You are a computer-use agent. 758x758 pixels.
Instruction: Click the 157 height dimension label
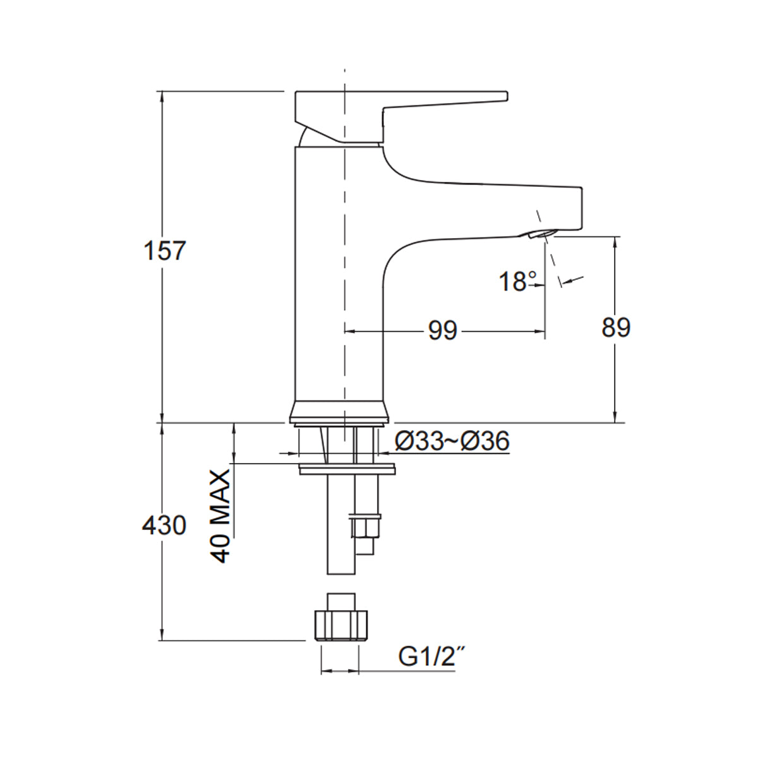[x=165, y=251]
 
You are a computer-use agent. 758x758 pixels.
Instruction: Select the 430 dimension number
[x=164, y=525]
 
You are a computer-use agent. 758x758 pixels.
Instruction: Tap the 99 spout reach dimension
[x=442, y=330]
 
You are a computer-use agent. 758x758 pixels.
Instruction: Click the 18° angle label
[x=517, y=282]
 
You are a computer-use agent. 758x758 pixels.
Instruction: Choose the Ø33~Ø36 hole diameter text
[x=452, y=442]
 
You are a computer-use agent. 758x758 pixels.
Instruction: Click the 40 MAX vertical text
[x=220, y=516]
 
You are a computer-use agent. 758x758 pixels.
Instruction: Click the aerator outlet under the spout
[x=538, y=235]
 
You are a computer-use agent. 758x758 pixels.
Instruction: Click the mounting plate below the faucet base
[x=347, y=469]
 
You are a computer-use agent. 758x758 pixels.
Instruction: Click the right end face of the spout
[x=579, y=208]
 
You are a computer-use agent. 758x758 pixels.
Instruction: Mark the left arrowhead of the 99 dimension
[x=348, y=330]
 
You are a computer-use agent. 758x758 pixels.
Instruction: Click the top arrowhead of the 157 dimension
[x=162, y=95]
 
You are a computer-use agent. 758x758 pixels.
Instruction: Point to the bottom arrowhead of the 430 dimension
[x=162, y=636]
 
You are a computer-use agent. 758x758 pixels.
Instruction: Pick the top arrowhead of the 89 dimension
[x=615, y=241]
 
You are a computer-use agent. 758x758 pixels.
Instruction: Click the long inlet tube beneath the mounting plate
[x=340, y=524]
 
